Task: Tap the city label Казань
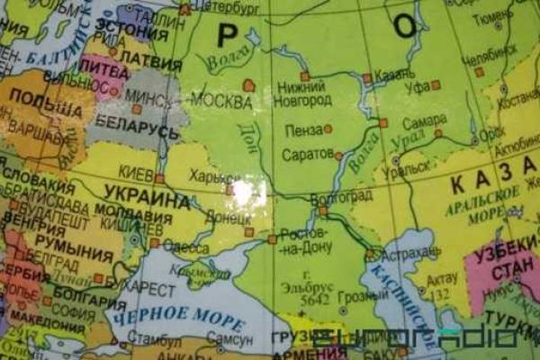coord(396,78)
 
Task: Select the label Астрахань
coord(409,256)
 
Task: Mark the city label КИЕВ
coord(138,172)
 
